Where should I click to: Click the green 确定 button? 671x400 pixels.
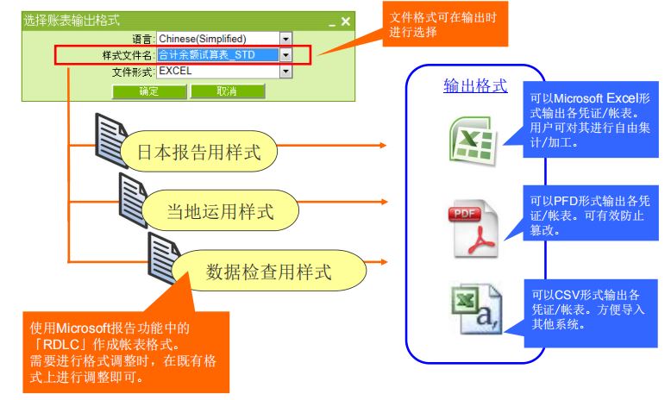(x=149, y=91)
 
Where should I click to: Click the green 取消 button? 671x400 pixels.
(x=227, y=91)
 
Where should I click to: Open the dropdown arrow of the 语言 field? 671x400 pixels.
(x=285, y=39)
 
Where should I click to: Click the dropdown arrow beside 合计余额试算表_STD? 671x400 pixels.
(x=285, y=55)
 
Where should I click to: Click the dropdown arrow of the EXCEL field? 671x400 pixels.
(x=285, y=71)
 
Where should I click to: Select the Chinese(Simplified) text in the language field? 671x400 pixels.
(x=203, y=39)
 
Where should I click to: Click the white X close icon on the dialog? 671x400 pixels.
(x=345, y=22)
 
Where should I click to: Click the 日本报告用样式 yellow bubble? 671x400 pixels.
(x=199, y=152)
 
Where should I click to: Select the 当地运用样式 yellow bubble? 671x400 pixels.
(x=220, y=211)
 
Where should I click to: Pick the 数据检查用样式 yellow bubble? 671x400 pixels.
(x=269, y=272)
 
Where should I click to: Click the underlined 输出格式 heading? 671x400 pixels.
(x=475, y=85)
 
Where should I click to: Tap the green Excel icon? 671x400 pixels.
(x=473, y=141)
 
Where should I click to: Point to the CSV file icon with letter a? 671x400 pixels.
(x=476, y=309)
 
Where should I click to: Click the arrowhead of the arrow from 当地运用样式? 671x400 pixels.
(x=384, y=202)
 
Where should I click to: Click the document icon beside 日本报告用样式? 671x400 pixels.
(x=110, y=141)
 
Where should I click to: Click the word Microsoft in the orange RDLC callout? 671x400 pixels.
(x=84, y=328)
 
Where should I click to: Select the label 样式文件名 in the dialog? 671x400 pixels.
(x=127, y=56)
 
